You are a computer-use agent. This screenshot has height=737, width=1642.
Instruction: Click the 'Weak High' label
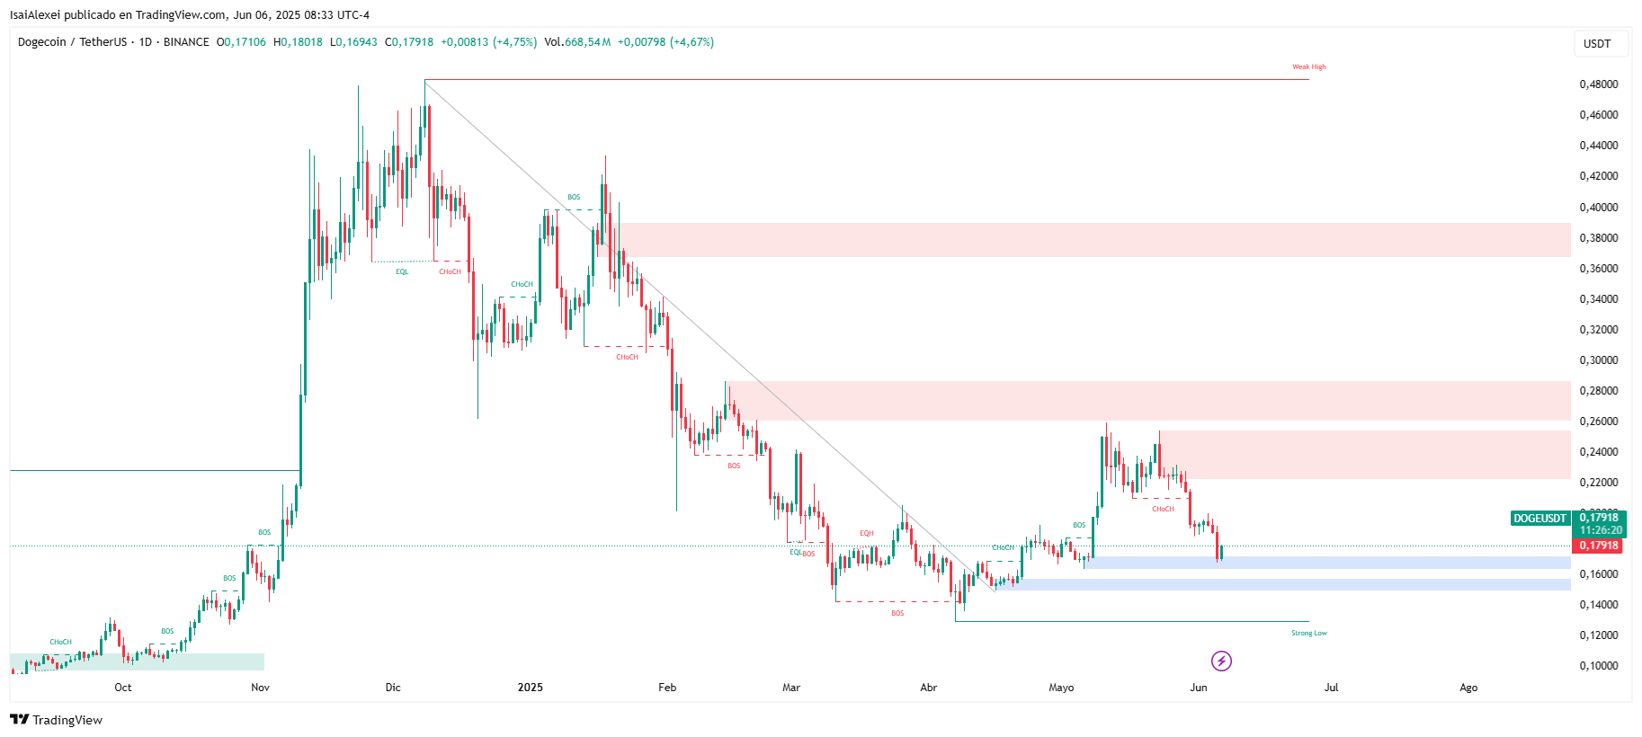(1308, 67)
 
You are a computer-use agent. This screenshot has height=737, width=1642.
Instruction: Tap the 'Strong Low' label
(1308, 634)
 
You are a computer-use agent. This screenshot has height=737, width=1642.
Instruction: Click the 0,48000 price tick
(1598, 84)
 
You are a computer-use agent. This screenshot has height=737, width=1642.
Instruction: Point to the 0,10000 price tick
(1598, 666)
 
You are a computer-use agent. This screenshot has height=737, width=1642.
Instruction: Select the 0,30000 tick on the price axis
(1598, 360)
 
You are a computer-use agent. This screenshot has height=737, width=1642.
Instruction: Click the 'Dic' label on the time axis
(393, 688)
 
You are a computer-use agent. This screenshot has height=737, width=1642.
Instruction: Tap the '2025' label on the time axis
(530, 688)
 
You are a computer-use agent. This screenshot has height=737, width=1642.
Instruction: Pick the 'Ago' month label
(1468, 688)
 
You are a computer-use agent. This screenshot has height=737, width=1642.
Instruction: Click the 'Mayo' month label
(1061, 688)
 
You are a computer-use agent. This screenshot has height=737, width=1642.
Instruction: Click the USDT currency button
(1597, 44)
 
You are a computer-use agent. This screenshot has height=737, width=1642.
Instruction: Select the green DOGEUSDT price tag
(1539, 519)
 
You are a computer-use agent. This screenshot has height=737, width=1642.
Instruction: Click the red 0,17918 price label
(1599, 546)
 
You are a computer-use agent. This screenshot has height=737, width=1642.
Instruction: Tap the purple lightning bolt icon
(1221, 662)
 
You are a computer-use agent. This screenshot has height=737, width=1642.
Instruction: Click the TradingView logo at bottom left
(56, 720)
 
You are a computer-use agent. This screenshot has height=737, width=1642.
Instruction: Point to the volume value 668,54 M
(587, 42)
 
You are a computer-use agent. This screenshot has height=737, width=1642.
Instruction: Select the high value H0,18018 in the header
(298, 42)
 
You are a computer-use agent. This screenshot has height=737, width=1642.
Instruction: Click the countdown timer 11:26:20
(1601, 530)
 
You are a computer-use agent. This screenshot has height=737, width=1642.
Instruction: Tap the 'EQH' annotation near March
(866, 533)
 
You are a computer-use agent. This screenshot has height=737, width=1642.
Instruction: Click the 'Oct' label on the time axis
(123, 688)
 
